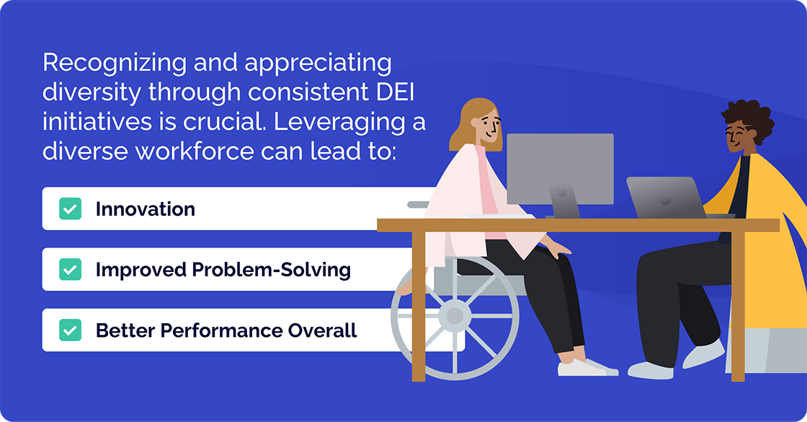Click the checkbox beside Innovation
tap(70, 209)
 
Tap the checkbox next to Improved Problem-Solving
tap(70, 270)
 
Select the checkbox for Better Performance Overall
tap(70, 330)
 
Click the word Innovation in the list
tap(145, 209)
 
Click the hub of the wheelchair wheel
tap(455, 315)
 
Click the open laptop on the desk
tap(664, 197)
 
